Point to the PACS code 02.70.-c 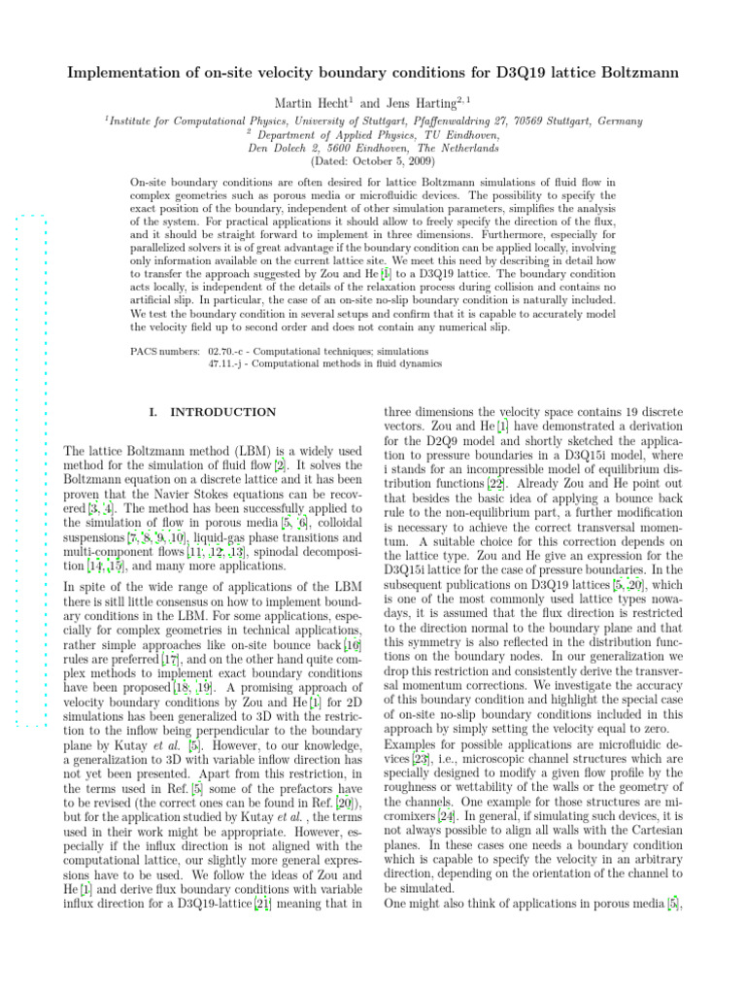tap(233, 350)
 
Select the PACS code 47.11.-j tap(233, 363)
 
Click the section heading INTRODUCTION tap(222, 412)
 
